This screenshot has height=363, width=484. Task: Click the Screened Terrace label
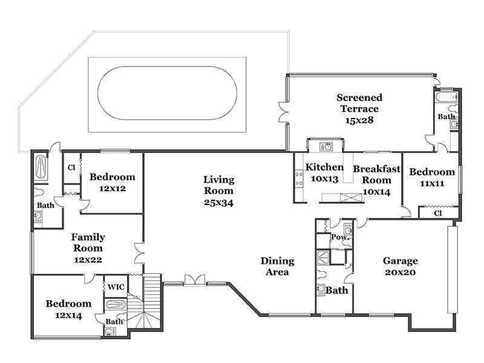click(359, 109)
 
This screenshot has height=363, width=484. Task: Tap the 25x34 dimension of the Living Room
click(218, 203)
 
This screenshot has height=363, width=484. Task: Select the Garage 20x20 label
click(401, 266)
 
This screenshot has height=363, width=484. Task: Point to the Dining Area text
click(277, 266)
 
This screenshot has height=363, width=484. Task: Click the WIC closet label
click(116, 287)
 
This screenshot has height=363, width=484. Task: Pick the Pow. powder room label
click(340, 237)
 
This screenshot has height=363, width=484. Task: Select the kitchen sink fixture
click(326, 146)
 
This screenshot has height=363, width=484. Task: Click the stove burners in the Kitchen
click(299, 179)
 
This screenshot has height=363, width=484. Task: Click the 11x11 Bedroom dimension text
click(432, 184)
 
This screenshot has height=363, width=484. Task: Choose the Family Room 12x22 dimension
click(88, 260)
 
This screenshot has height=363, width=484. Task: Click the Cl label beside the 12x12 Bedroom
click(71, 168)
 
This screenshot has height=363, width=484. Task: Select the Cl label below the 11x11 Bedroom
click(437, 214)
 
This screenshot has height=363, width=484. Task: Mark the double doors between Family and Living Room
click(140, 253)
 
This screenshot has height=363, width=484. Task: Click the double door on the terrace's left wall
click(283, 112)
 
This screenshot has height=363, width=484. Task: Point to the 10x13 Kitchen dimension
click(324, 179)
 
